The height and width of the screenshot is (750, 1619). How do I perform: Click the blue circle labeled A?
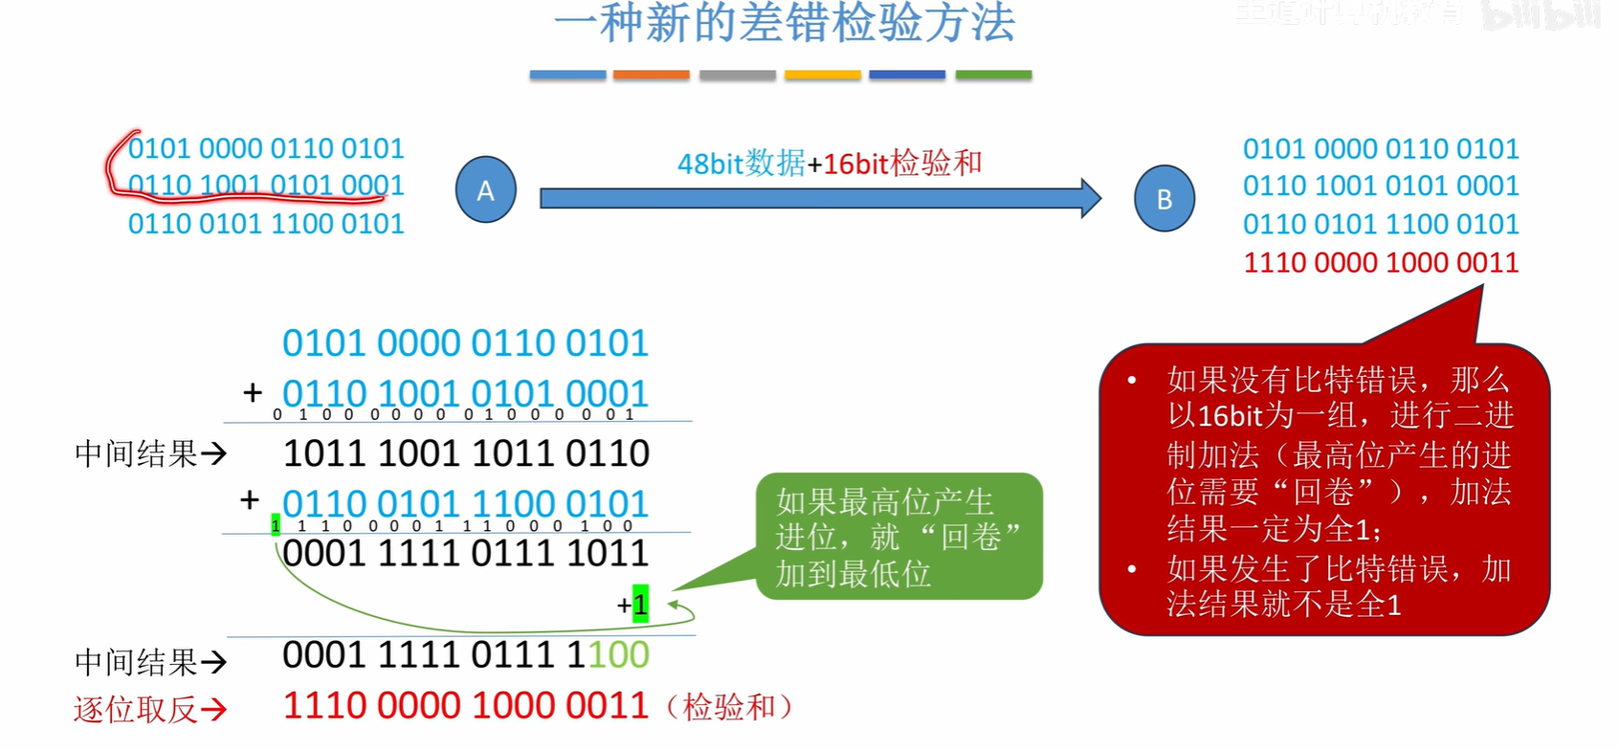click(x=485, y=190)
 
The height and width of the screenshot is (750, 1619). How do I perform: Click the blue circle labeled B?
click(x=1164, y=199)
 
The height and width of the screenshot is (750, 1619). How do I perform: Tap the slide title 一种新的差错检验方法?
click(x=784, y=23)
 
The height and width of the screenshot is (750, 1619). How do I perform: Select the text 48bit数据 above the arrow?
click(x=741, y=164)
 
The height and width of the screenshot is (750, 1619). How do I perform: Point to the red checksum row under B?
click(x=1380, y=262)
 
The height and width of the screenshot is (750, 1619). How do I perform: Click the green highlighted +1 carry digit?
click(x=640, y=605)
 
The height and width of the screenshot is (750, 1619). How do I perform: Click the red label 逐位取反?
click(x=135, y=709)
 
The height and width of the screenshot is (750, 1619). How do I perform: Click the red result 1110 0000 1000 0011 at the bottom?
click(x=466, y=706)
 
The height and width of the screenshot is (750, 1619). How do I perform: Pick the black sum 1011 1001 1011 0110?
click(x=466, y=453)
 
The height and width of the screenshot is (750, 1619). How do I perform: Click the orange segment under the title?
click(x=651, y=75)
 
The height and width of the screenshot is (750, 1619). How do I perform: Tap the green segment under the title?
click(x=993, y=75)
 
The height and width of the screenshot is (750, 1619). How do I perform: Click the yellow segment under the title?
click(x=822, y=75)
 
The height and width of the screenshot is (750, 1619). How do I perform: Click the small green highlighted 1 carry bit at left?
click(x=276, y=525)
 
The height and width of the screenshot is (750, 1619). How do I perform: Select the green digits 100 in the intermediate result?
click(x=618, y=655)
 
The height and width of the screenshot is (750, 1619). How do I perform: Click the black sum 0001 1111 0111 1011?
click(x=466, y=553)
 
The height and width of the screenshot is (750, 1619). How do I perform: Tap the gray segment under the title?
click(x=737, y=75)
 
